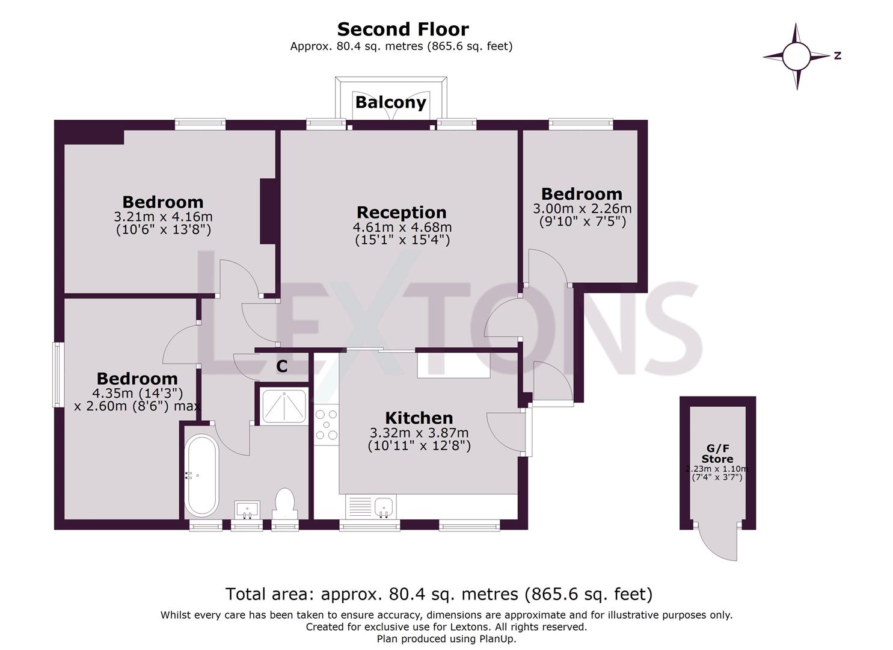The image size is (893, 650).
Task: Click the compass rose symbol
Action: tap(797, 57)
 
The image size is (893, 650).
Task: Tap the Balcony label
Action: tap(390, 102)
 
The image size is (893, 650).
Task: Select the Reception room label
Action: tap(401, 212)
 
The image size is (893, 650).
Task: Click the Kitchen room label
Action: tap(419, 418)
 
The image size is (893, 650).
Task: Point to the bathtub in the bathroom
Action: tap(201, 475)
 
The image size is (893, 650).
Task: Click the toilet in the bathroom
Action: tap(284, 503)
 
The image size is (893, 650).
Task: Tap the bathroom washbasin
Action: tap(247, 509)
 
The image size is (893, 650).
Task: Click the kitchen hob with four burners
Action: tap(327, 424)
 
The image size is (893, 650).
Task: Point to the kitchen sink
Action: tap(384, 507)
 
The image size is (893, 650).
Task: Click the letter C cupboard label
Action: tap(281, 366)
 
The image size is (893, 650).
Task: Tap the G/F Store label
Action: tap(717, 453)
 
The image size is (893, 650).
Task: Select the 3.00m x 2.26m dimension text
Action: tap(582, 209)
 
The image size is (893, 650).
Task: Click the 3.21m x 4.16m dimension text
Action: tap(163, 217)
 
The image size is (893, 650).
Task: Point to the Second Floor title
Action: tap(402, 29)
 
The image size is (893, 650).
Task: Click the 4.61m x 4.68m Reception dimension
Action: tap(402, 227)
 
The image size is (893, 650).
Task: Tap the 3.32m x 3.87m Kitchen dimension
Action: tap(419, 433)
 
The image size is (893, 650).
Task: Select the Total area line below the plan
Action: tap(438, 594)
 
